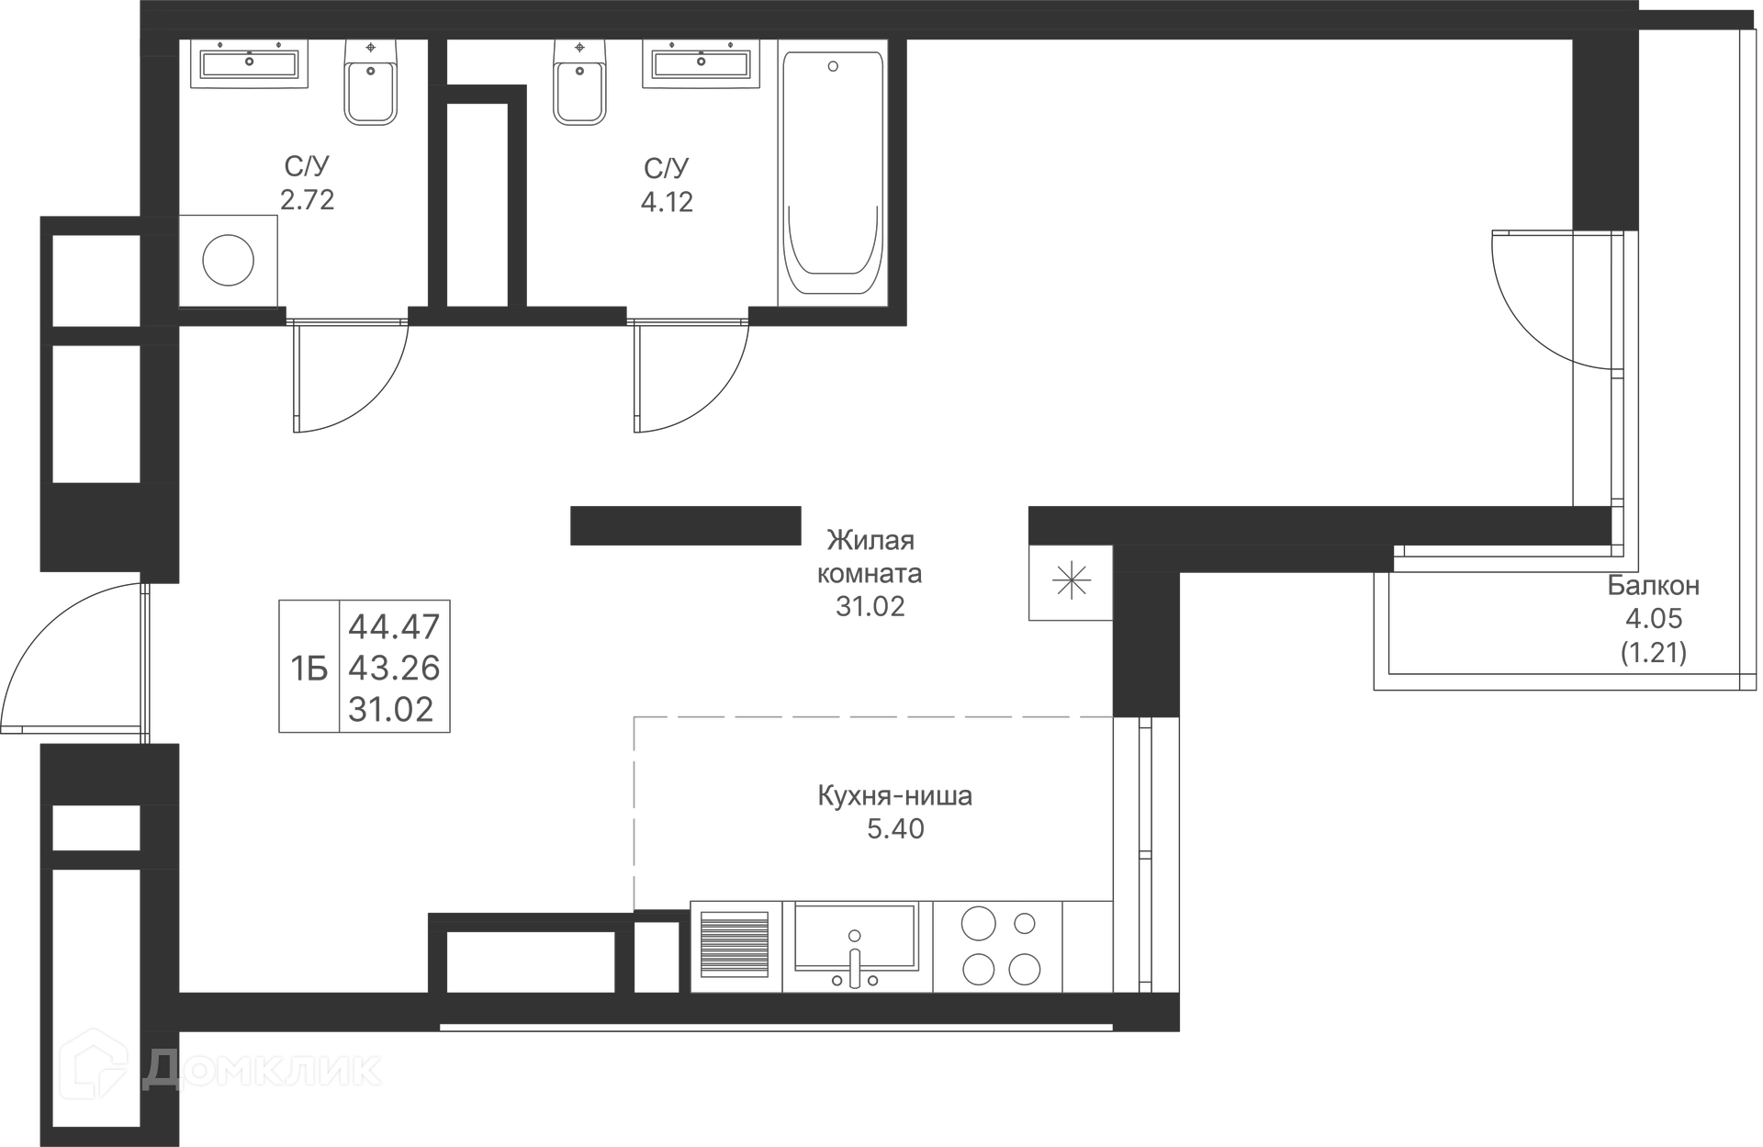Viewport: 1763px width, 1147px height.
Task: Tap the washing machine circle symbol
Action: point(228,261)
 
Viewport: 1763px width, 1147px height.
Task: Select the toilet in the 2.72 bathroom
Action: point(370,83)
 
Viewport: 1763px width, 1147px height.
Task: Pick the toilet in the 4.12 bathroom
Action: point(579,83)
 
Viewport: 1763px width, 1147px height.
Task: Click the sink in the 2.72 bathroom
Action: point(249,63)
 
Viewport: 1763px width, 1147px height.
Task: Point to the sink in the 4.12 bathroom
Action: point(701,63)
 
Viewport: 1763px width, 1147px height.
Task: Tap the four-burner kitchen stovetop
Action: point(998,946)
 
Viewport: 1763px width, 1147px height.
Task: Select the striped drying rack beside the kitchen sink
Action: point(735,944)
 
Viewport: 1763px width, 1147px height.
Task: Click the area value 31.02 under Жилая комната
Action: point(870,607)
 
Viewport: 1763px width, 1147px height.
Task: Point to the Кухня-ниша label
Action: point(894,795)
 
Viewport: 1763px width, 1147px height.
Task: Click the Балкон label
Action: point(1653,586)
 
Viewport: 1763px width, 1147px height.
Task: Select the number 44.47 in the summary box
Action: point(394,627)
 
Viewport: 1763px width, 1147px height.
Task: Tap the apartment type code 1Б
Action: point(309,669)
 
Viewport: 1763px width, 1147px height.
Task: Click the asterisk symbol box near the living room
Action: point(1071,582)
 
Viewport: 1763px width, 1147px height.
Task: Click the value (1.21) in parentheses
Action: point(1653,653)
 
